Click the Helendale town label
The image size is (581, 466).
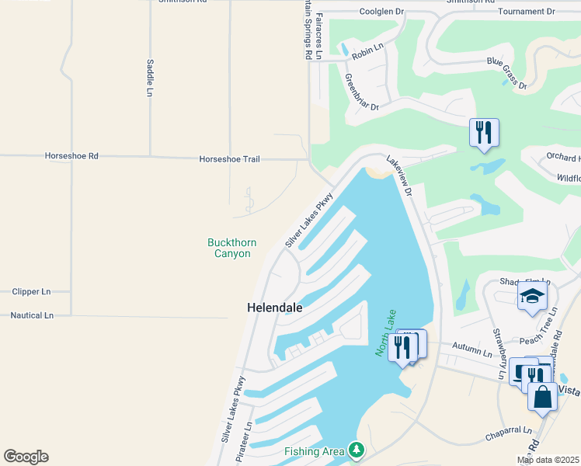[x=274, y=308]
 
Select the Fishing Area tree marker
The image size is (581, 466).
[x=357, y=450]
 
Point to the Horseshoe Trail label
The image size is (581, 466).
[x=229, y=158]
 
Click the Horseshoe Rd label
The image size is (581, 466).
[x=71, y=156]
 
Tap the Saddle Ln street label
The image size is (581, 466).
[x=150, y=78]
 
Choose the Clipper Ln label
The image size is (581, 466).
[x=31, y=292]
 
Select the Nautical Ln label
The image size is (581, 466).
[x=32, y=315]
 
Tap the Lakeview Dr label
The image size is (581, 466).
[x=403, y=179]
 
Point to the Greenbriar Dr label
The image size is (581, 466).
[x=361, y=92]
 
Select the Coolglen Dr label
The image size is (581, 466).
[x=382, y=12]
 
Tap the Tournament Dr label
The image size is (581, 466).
[x=527, y=12]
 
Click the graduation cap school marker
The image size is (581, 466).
[x=532, y=296]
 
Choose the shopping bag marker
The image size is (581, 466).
[x=542, y=397]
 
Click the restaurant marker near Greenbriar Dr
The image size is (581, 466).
[x=484, y=132]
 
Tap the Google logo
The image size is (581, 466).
[x=26, y=457]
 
